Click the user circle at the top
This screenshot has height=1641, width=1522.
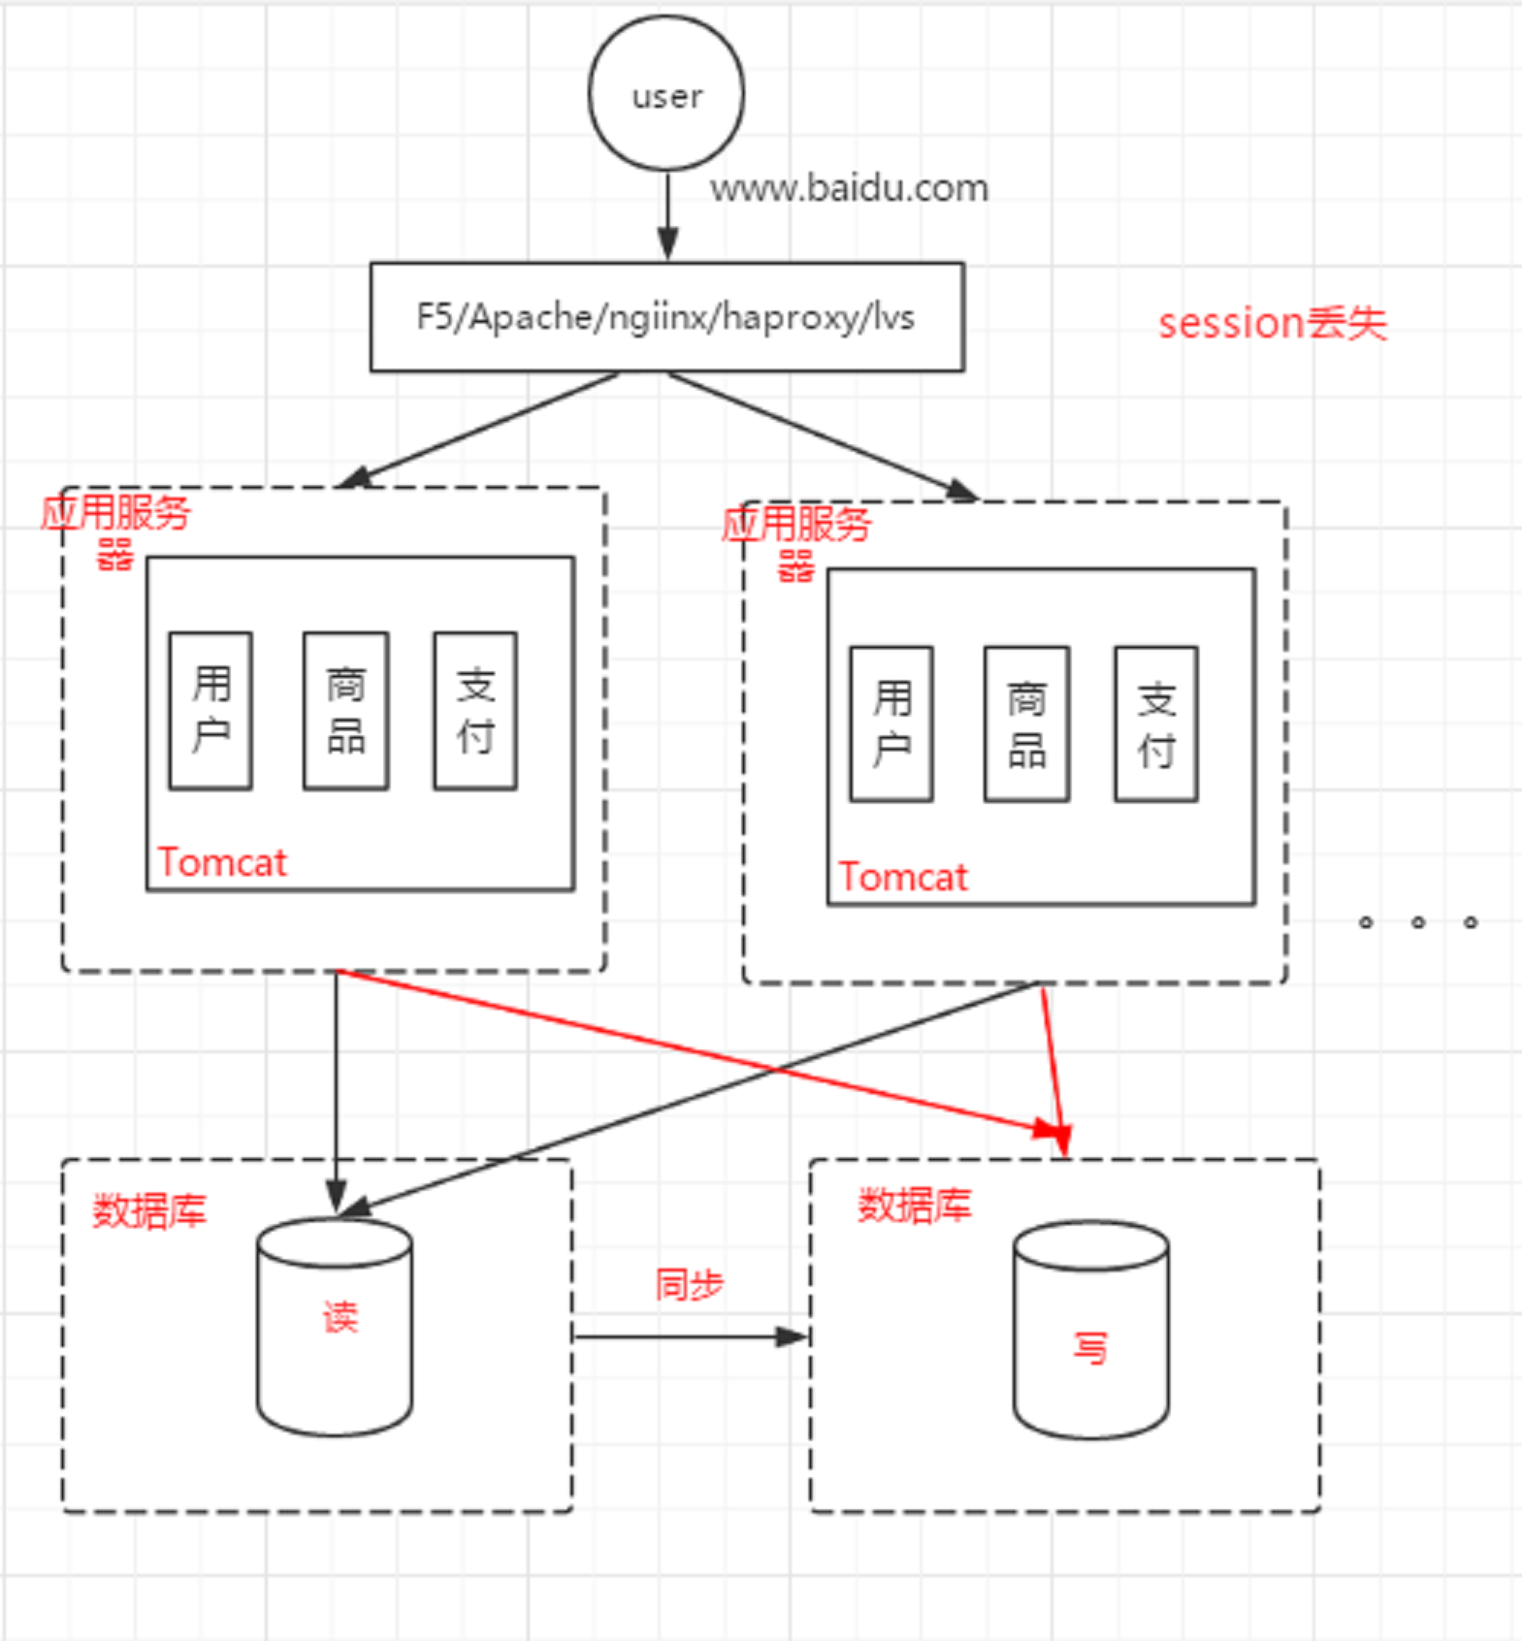click(666, 94)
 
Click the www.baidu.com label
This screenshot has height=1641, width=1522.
click(849, 187)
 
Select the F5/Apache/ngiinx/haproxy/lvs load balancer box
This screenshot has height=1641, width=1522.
click(666, 317)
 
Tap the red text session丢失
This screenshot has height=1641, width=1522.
click(1272, 323)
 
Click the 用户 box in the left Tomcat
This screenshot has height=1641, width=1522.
click(210, 711)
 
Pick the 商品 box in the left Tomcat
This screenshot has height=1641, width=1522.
click(345, 711)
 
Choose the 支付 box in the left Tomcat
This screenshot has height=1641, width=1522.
click(475, 711)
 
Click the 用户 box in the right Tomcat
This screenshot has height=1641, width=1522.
click(891, 724)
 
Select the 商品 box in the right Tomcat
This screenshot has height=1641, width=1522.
click(1026, 724)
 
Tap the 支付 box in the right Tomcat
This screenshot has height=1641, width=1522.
click(1156, 724)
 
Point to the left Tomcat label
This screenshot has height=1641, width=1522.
click(222, 862)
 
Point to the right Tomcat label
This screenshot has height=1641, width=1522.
click(903, 877)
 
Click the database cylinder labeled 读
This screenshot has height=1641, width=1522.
click(336, 1327)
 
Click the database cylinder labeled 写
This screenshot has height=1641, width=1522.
click(1090, 1331)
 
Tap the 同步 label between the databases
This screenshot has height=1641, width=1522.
click(689, 1284)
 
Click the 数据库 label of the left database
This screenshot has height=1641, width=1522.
click(149, 1211)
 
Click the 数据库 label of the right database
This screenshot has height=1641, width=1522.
click(914, 1206)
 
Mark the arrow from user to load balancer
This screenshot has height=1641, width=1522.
click(667, 215)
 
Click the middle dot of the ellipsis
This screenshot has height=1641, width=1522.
click(1418, 922)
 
